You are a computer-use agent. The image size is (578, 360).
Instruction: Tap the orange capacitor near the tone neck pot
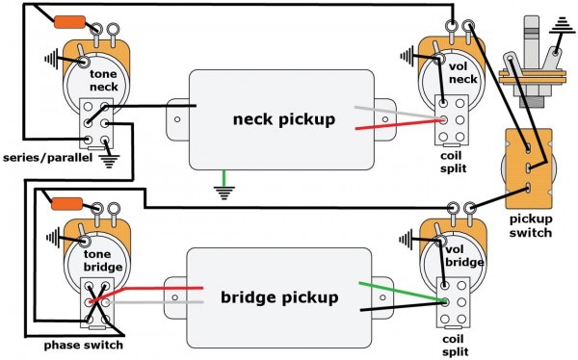pyautogui.click(x=69, y=22)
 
